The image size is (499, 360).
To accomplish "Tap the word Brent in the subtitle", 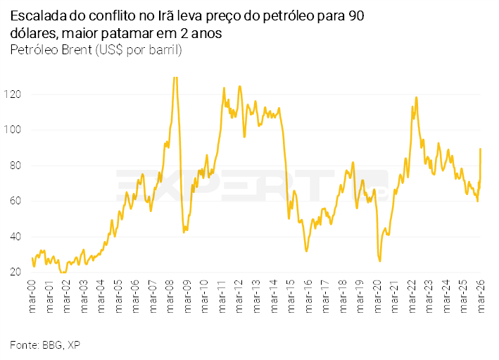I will (75, 50).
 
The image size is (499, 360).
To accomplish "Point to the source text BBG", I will (51, 345).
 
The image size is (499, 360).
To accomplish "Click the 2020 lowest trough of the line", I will (380, 261).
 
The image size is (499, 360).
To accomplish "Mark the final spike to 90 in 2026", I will (480, 149).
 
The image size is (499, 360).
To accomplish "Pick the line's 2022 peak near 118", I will (417, 97).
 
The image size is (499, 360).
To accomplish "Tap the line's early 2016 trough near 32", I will (307, 251).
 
